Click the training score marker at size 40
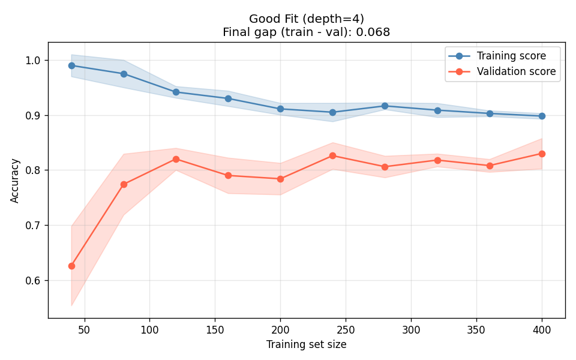point(71,65)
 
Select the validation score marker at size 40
point(71,266)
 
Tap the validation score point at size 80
point(124,184)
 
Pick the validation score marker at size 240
point(332,155)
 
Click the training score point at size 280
point(385,106)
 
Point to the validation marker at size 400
point(542,154)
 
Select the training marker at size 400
point(542,116)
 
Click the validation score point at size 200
point(280,179)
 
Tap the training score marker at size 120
point(176,92)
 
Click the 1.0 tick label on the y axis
point(34,60)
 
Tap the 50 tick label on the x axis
point(85,329)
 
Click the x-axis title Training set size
point(307,344)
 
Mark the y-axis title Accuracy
point(15,181)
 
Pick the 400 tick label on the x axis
point(542,329)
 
